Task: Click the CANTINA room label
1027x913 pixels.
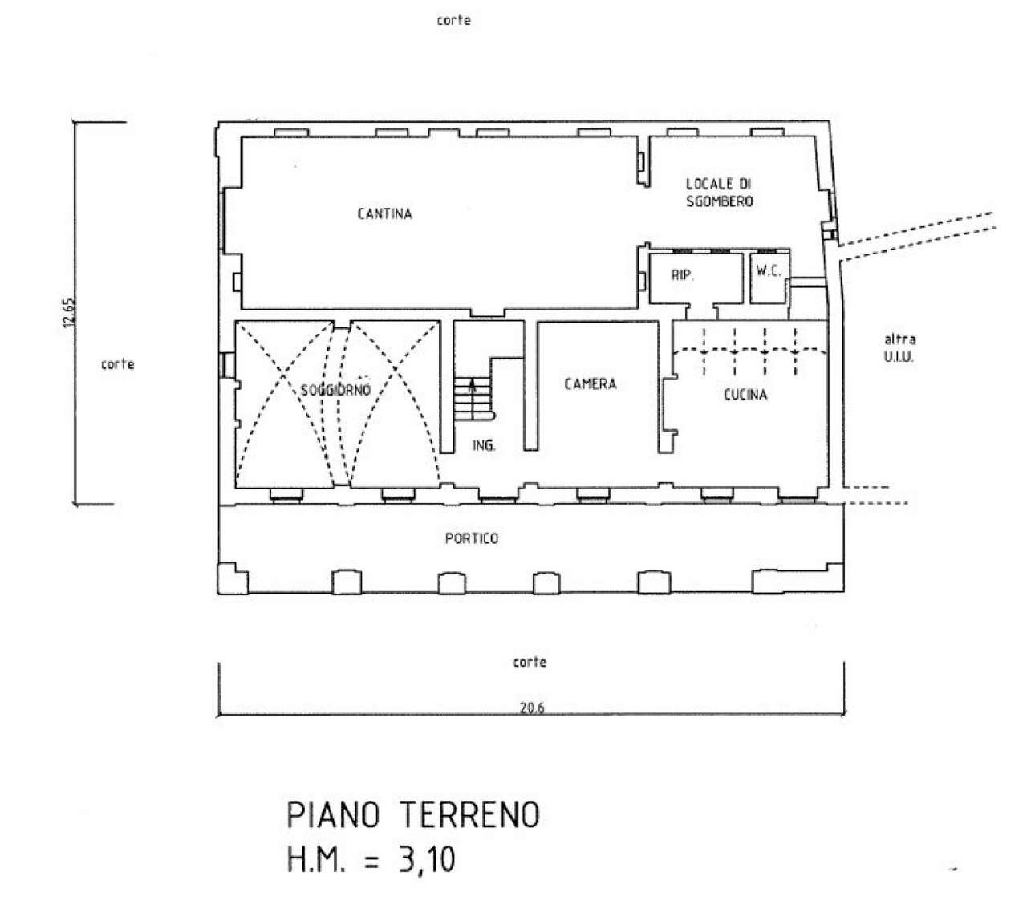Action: pos(384,214)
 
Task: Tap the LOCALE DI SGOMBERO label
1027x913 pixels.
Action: pos(719,193)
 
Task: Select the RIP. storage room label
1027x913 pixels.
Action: pos(682,275)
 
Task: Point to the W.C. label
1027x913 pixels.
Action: pos(768,271)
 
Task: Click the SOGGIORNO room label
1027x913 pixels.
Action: pos(335,391)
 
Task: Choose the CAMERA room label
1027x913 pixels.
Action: pos(591,384)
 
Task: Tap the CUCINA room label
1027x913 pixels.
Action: pos(745,395)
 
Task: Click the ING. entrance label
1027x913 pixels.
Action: pos(483,446)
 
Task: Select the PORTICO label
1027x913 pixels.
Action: pos(471,538)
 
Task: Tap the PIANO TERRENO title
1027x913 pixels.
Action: pos(413,816)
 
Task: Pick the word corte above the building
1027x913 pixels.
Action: pos(453,21)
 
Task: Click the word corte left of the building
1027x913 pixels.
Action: pos(117,364)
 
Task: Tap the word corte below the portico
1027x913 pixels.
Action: pos(530,662)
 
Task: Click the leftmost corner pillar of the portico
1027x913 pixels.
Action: pos(232,579)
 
